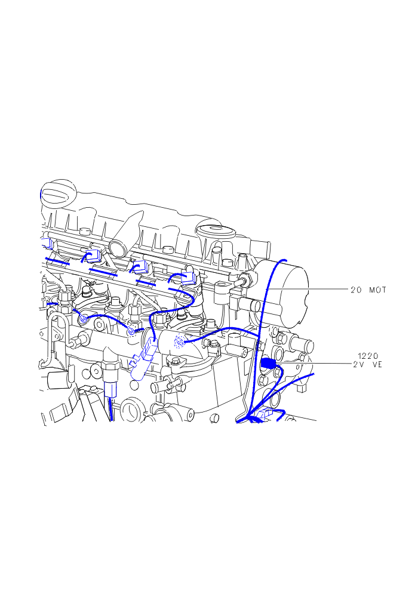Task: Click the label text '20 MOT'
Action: [x=368, y=290]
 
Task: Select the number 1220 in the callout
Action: [x=368, y=356]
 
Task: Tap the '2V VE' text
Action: [x=367, y=364]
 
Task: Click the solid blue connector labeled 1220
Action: [x=268, y=363]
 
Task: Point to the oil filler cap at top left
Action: [x=59, y=192]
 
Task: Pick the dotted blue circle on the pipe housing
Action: [x=179, y=342]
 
